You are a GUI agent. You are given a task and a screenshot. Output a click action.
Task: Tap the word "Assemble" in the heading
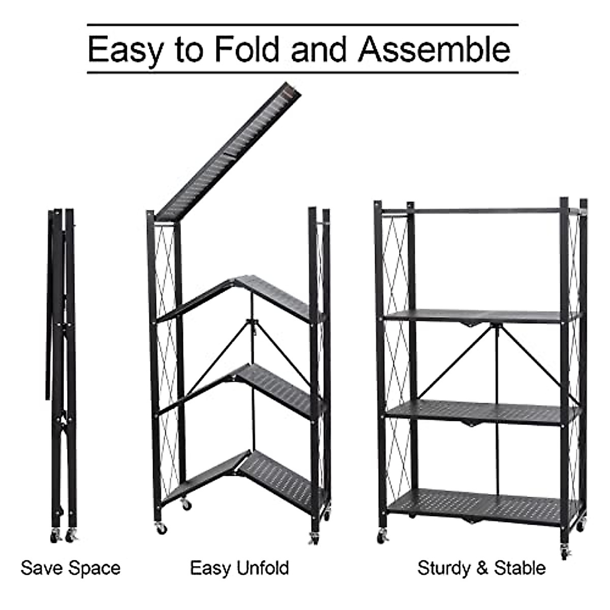pyautogui.click(x=434, y=49)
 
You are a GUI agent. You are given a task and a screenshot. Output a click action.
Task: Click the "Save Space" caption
pyautogui.click(x=71, y=568)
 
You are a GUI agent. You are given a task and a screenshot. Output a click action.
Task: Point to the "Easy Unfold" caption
pyautogui.click(x=239, y=568)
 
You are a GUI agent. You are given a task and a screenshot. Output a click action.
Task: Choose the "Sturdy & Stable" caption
pyautogui.click(x=481, y=568)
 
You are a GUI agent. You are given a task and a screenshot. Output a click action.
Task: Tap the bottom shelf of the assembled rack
pyautogui.click(x=483, y=503)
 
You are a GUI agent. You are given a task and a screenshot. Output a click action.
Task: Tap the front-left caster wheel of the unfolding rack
pyautogui.click(x=162, y=528)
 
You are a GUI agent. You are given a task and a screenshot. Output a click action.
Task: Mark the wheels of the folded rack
pyautogui.click(x=64, y=535)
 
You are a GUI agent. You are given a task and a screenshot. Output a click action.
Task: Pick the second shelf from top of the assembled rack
pyautogui.click(x=480, y=317)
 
